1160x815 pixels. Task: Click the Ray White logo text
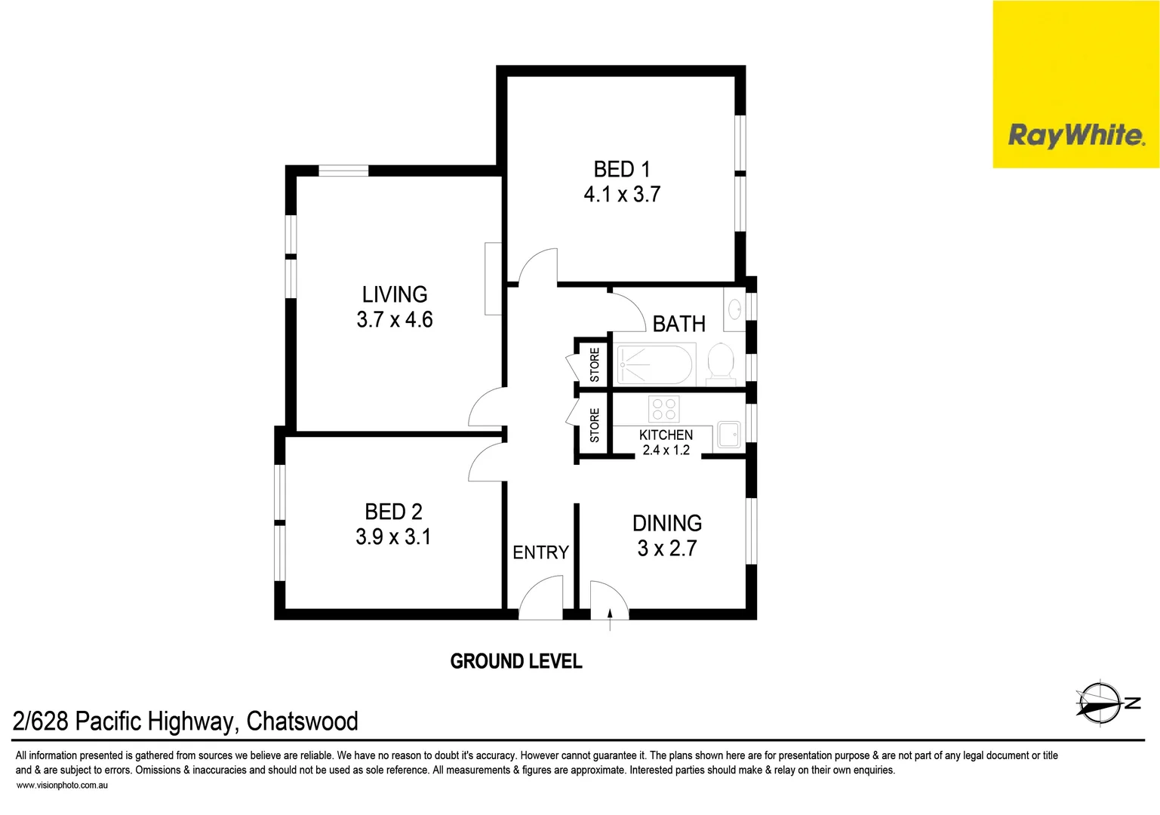pyautogui.click(x=1076, y=136)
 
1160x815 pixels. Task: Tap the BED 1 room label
pyautogui.click(x=621, y=169)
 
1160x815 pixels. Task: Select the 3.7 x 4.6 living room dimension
pyautogui.click(x=395, y=320)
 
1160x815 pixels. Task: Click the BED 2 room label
pyautogui.click(x=393, y=512)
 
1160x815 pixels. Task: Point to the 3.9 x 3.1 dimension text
pyautogui.click(x=393, y=537)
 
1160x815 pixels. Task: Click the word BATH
pyautogui.click(x=678, y=324)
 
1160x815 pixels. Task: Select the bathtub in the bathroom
pyautogui.click(x=654, y=364)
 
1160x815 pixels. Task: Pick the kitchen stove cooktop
pyautogui.click(x=663, y=409)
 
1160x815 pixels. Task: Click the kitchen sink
pyautogui.click(x=728, y=435)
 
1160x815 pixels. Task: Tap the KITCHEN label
pyautogui.click(x=666, y=435)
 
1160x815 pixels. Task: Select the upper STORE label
pyautogui.click(x=595, y=364)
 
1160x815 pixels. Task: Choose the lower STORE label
pyautogui.click(x=595, y=426)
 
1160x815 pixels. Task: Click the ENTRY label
pyautogui.click(x=540, y=553)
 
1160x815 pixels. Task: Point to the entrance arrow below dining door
pyautogui.click(x=610, y=621)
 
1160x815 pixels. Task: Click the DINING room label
pyautogui.click(x=666, y=523)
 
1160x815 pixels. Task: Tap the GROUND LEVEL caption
pyautogui.click(x=516, y=662)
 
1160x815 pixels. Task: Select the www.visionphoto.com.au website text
pyautogui.click(x=62, y=786)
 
